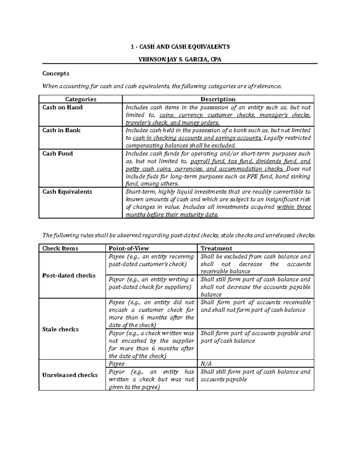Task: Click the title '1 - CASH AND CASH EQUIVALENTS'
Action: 180,47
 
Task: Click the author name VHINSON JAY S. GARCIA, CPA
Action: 180,59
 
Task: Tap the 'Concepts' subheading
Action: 56,74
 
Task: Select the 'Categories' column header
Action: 81,99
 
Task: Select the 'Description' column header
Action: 218,99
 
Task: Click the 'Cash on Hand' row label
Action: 62,107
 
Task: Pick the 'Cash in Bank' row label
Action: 61,130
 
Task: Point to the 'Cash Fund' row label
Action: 58,154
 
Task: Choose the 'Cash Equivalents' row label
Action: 67,192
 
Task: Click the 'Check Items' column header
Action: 60,248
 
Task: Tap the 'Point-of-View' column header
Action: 129,248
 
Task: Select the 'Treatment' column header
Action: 216,248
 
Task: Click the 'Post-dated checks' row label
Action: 69,275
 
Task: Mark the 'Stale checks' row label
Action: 60,329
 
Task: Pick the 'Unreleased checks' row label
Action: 70,375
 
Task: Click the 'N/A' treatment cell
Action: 206,364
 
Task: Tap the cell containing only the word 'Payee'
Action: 117,364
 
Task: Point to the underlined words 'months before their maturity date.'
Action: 172,215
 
